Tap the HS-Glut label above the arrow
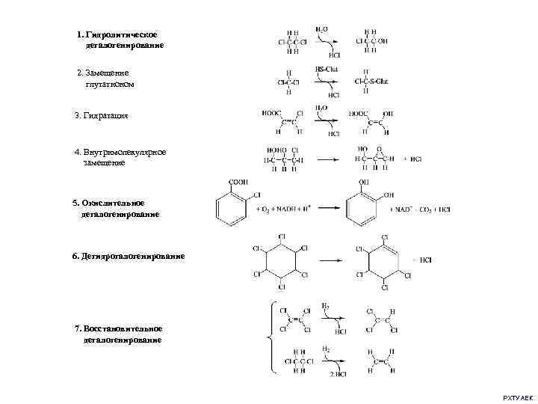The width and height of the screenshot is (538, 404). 327,69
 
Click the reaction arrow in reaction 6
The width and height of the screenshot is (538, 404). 332,260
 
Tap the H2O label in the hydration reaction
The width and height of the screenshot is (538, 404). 321,108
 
